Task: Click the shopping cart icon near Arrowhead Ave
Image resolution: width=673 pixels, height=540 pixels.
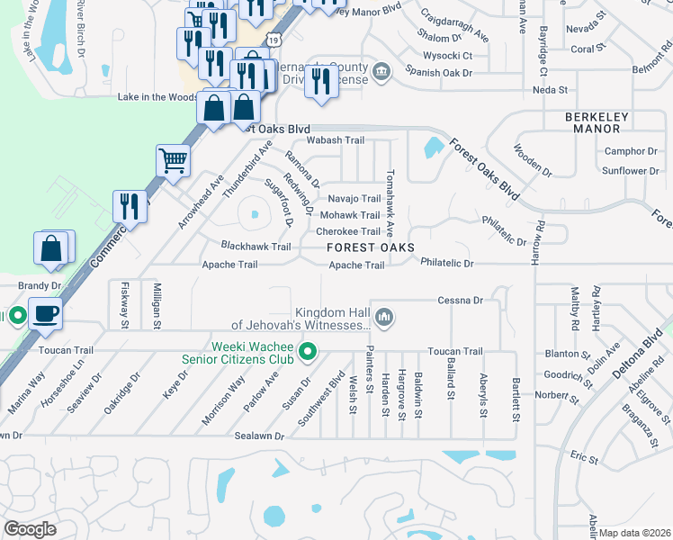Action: point(173,161)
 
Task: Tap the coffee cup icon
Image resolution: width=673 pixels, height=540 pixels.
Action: point(44,314)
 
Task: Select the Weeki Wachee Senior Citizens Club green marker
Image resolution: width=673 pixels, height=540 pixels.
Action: point(308,351)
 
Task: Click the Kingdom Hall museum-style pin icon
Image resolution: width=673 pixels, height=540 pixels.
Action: point(384,316)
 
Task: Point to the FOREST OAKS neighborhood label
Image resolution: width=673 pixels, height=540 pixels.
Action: point(371,247)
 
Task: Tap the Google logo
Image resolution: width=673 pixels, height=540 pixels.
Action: point(31,529)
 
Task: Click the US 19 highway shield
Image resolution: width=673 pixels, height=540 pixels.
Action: point(274,40)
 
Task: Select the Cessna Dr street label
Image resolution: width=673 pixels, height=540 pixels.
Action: point(461,300)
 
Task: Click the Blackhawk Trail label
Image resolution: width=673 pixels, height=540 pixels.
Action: point(256,246)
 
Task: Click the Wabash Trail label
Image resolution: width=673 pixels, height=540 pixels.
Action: point(336,140)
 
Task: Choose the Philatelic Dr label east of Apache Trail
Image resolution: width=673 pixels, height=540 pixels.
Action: point(446,263)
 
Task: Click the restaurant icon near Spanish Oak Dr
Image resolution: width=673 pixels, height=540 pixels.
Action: point(321,82)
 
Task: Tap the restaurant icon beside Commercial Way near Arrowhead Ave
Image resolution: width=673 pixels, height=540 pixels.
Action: point(130,207)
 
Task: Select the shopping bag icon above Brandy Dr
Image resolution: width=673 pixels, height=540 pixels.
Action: point(52,248)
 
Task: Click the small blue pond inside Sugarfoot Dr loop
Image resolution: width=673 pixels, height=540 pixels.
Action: point(256,215)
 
